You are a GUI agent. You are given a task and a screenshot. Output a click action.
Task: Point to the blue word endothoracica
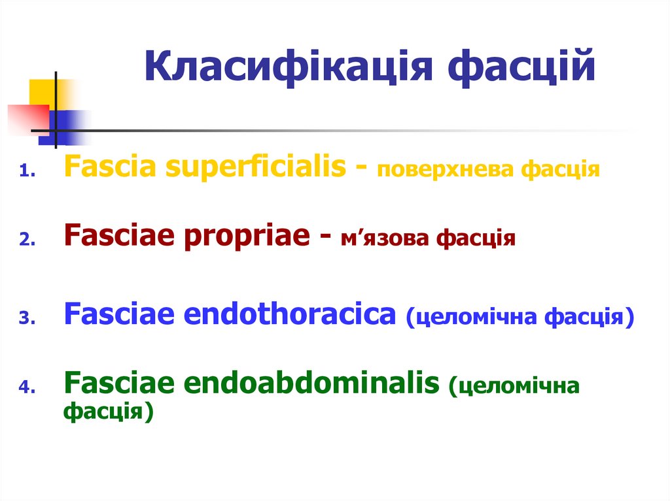[x=291, y=315]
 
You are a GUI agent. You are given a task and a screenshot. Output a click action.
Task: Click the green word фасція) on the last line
[x=108, y=412]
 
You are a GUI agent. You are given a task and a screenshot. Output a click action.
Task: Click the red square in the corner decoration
[x=26, y=118]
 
